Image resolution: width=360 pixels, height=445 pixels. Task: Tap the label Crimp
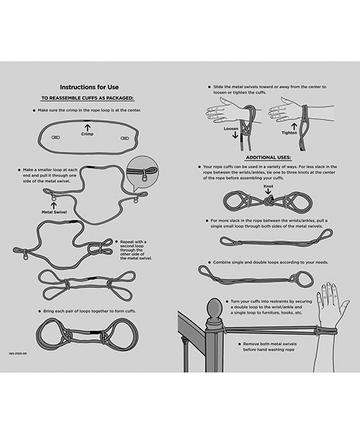87,134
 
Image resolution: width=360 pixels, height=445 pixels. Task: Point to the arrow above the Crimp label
87,127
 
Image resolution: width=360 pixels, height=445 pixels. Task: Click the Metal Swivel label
53,213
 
